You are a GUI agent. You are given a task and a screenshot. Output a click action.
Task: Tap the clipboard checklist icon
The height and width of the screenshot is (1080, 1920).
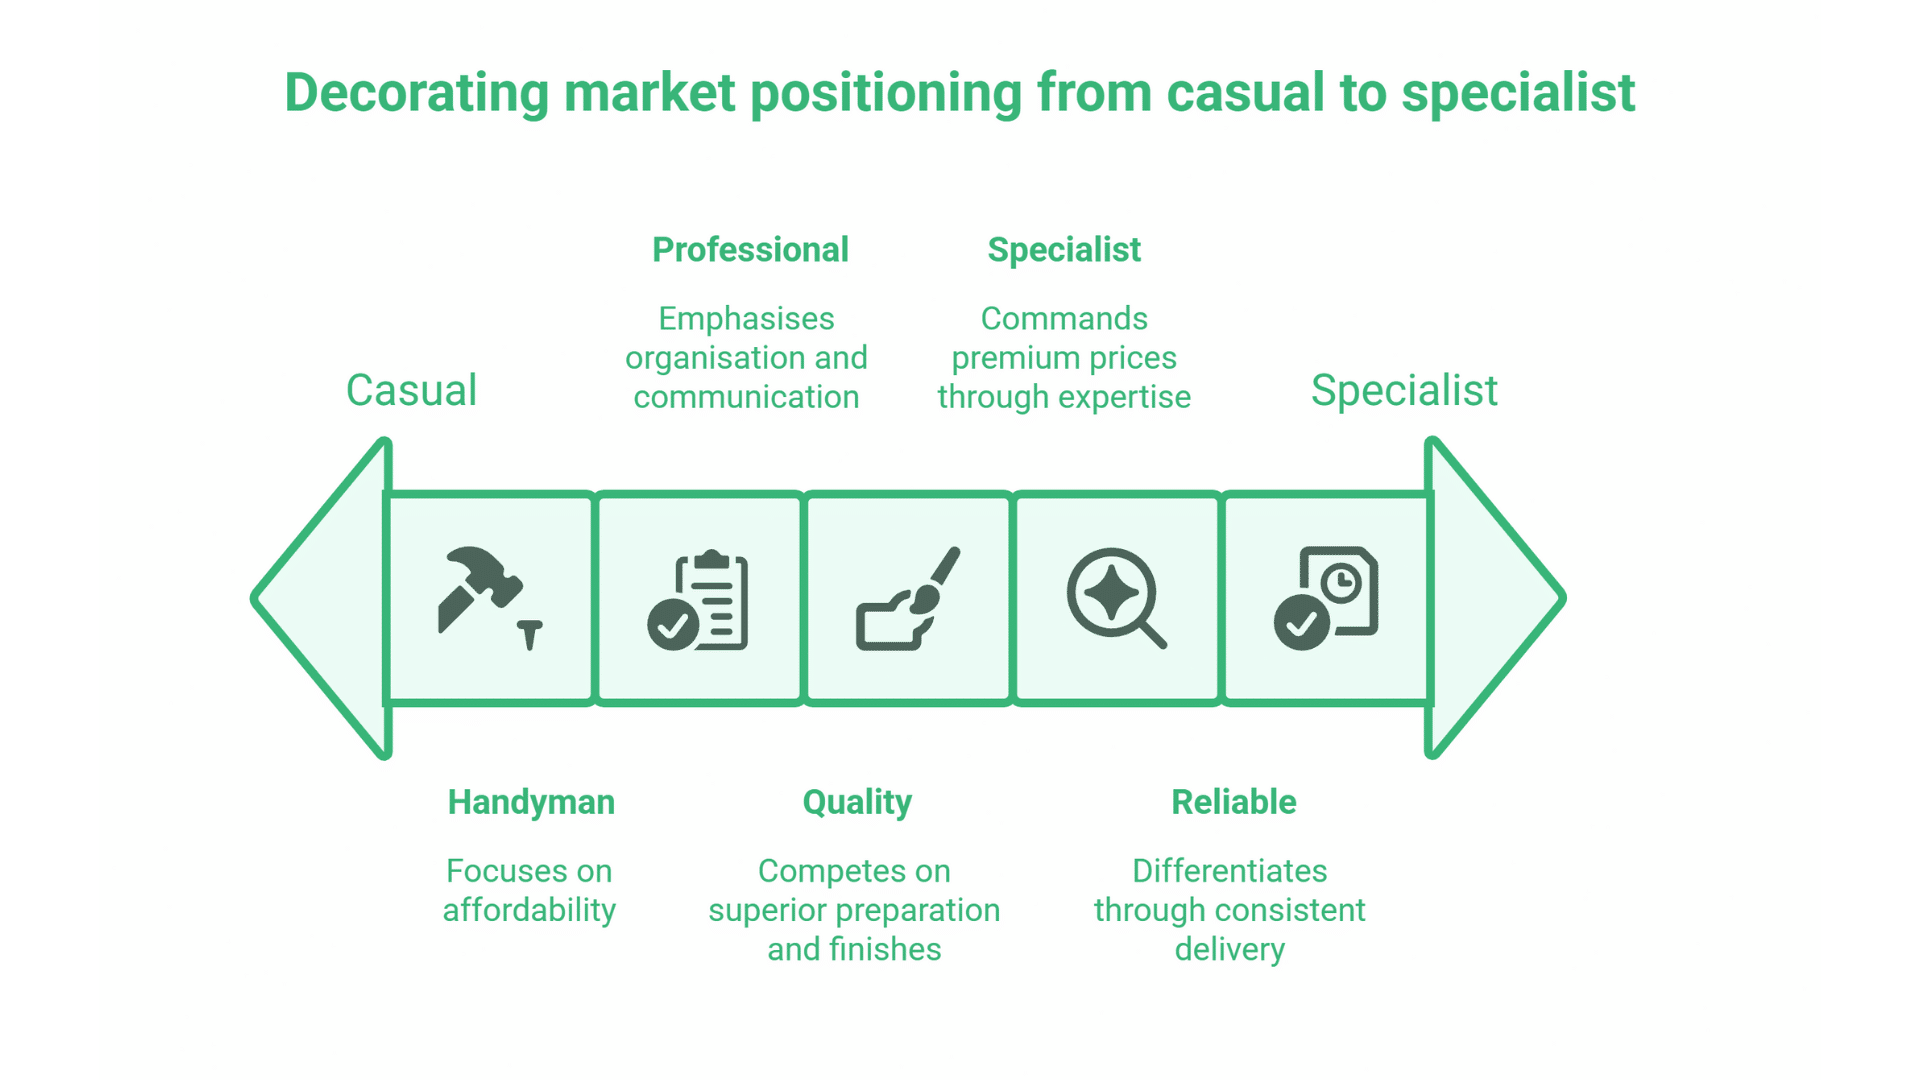[699, 600]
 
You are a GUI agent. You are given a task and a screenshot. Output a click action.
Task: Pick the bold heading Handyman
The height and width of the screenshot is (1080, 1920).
[531, 802]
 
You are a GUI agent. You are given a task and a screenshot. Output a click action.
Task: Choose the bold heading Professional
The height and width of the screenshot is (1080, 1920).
[750, 250]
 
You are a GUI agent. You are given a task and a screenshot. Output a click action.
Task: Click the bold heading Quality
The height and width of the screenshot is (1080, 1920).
[857, 802]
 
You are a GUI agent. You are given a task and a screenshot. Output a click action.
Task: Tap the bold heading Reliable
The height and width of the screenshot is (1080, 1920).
[1233, 802]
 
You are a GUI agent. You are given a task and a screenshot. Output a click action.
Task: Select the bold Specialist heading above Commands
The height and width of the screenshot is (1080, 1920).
[1064, 250]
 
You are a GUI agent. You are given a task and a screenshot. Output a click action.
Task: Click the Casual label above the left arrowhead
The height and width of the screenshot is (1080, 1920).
[411, 390]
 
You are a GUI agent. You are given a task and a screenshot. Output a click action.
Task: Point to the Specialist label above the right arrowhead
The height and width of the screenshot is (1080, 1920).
[1404, 390]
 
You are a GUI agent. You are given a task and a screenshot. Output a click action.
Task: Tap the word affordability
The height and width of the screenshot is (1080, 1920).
[529, 910]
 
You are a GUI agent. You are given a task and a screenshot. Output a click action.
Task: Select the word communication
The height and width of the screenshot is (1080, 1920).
[746, 397]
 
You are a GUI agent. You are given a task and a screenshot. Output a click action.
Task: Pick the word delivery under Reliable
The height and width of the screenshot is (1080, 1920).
[1229, 949]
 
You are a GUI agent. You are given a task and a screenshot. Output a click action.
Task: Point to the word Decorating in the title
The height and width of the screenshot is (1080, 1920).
[417, 93]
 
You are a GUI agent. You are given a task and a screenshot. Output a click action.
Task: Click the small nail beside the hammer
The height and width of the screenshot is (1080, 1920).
[530, 634]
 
